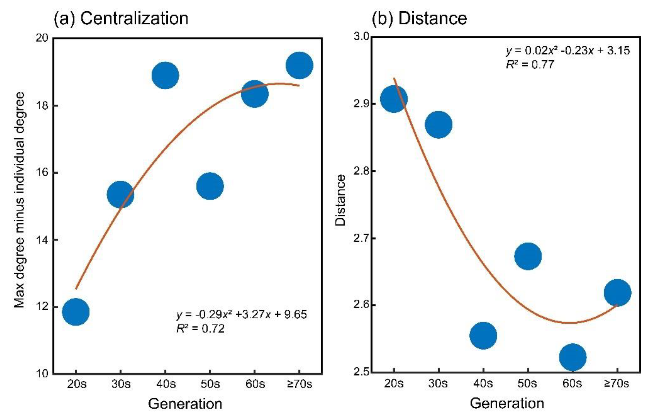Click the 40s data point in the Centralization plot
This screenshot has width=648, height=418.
tap(165, 75)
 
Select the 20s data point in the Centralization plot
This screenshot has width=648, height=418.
tap(76, 312)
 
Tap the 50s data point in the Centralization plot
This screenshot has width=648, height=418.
tap(210, 186)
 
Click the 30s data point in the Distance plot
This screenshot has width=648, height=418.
tap(438, 125)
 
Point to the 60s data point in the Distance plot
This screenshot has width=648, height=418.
tap(572, 357)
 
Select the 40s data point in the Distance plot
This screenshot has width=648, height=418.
tap(483, 336)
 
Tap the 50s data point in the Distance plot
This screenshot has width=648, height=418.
tap(528, 256)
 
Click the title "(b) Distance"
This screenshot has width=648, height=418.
tap(419, 18)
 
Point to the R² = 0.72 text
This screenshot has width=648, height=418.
tap(200, 329)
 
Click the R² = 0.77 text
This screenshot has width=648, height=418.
tap(530, 65)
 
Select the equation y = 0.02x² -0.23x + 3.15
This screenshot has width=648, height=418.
tap(568, 51)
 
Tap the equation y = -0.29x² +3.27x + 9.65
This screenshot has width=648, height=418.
tap(242, 315)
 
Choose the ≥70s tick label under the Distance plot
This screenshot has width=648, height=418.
tap(617, 383)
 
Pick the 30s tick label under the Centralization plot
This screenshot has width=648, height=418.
tap(121, 384)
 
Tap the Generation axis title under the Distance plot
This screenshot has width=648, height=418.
tap(507, 403)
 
